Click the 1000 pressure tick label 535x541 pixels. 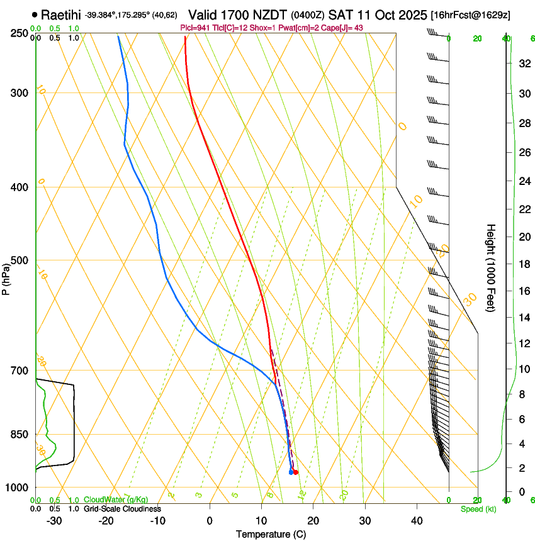(18, 488)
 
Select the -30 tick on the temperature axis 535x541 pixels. (54, 520)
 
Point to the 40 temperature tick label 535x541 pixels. (417, 520)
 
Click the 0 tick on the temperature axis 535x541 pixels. (210, 520)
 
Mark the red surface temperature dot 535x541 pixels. (296, 472)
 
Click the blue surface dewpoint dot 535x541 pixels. (291, 472)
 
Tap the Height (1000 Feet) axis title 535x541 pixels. (492, 267)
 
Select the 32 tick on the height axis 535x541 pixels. (524, 64)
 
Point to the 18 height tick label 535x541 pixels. (524, 264)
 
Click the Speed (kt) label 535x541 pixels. (478, 509)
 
